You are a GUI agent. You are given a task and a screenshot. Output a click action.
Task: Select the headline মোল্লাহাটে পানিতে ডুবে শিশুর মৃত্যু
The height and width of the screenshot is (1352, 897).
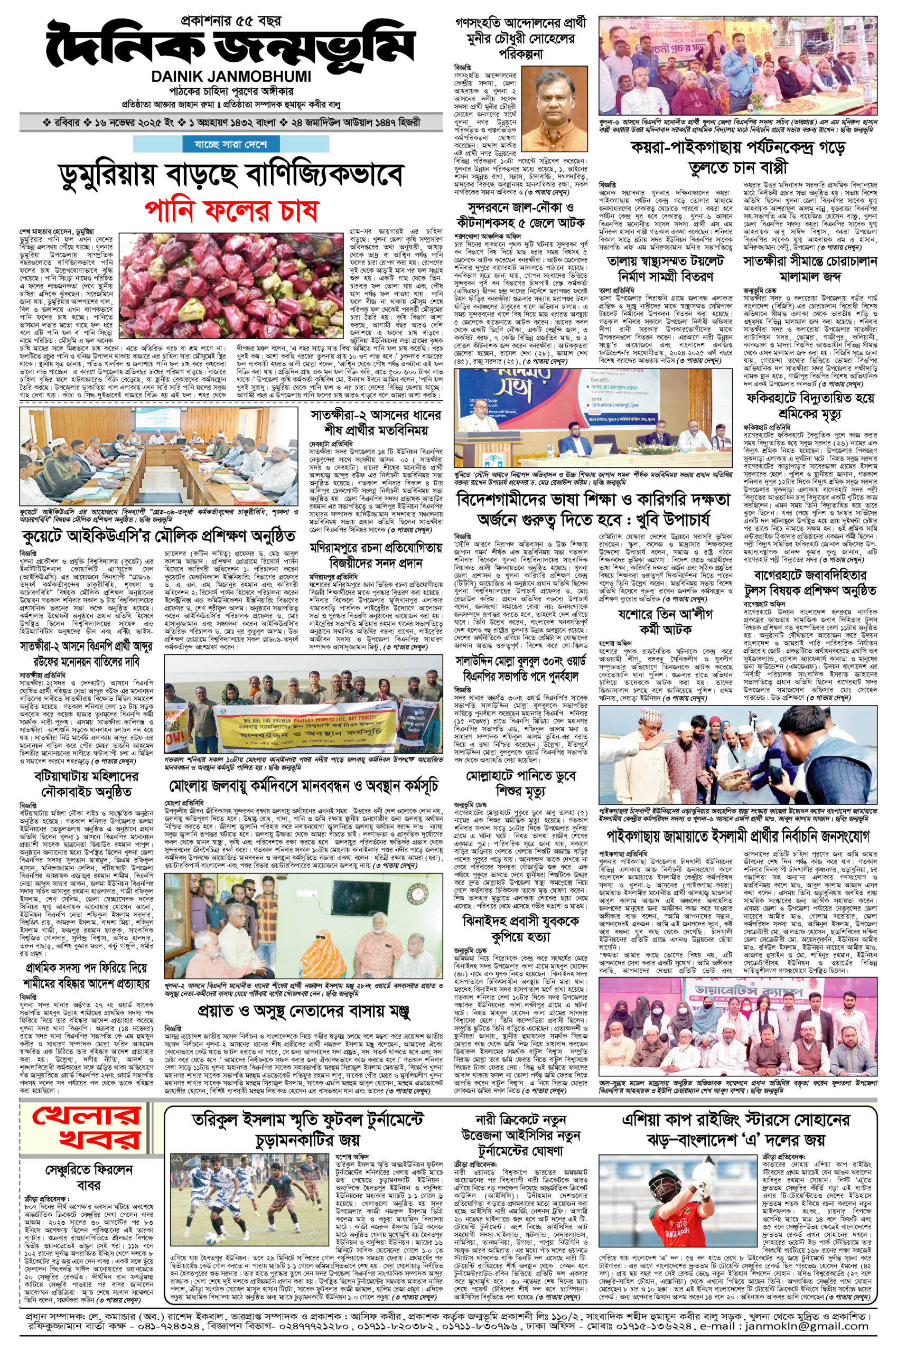(x=520, y=783)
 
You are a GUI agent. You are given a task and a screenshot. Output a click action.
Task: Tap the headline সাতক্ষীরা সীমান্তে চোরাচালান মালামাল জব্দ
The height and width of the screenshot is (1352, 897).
(x=809, y=268)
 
